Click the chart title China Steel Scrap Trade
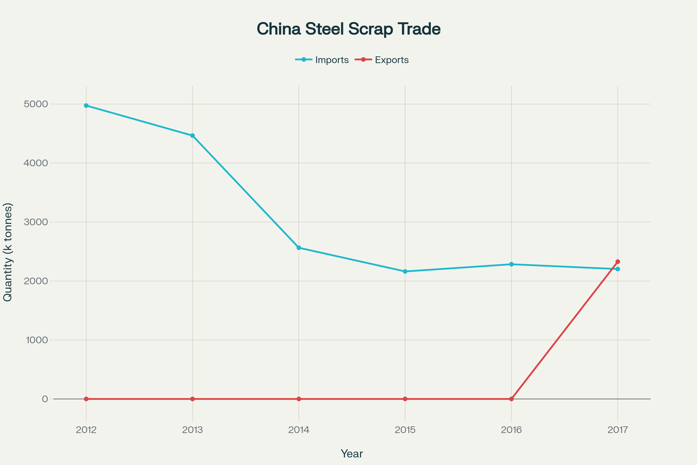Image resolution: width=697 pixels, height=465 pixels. [x=348, y=29]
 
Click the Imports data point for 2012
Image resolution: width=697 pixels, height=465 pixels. [x=86, y=105]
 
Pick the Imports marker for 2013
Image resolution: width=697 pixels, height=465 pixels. [x=192, y=135]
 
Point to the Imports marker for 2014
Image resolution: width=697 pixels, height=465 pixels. [x=299, y=248]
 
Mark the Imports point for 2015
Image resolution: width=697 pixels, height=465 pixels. [x=405, y=271]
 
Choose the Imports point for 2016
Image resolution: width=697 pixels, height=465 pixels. [x=511, y=264]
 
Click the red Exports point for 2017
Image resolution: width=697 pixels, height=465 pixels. [x=618, y=262]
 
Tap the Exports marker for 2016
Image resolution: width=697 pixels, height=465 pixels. [x=511, y=399]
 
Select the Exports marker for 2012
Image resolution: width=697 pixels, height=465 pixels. [x=86, y=399]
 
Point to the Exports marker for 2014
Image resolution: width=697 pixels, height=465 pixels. [x=299, y=399]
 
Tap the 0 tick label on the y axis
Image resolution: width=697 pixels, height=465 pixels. [x=45, y=399]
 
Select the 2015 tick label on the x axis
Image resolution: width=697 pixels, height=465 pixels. [x=405, y=430]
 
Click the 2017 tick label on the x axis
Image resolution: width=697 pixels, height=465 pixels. [x=618, y=430]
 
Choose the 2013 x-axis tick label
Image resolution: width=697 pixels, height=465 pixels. [x=192, y=430]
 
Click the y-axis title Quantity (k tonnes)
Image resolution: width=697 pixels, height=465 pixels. [x=8, y=252]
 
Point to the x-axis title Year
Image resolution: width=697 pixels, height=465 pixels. [x=352, y=454]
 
